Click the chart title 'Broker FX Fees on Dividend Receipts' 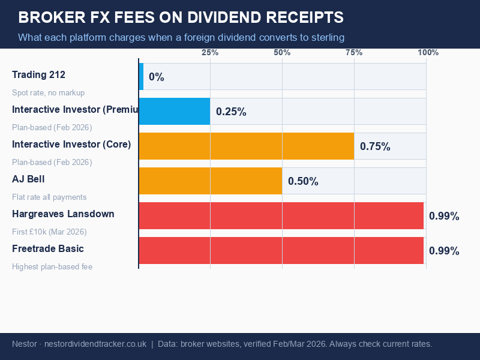[x=181, y=17]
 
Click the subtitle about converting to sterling [x=181, y=37]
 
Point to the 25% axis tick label [x=210, y=53]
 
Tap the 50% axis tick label [x=282, y=53]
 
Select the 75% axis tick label [x=354, y=53]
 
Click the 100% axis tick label [x=428, y=53]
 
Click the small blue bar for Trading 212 [x=141, y=77]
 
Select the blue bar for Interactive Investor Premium [x=175, y=112]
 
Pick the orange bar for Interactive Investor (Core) [x=246, y=146]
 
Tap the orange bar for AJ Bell [x=210, y=181]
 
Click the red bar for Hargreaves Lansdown [x=281, y=216]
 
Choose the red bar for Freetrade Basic [x=281, y=251]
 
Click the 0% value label [x=157, y=77]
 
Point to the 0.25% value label [x=231, y=112]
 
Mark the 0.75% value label [x=375, y=147]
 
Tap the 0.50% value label [x=303, y=182]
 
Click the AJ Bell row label [x=28, y=179]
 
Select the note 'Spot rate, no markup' [x=48, y=93]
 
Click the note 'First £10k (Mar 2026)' [x=49, y=232]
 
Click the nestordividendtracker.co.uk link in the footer [x=95, y=344]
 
